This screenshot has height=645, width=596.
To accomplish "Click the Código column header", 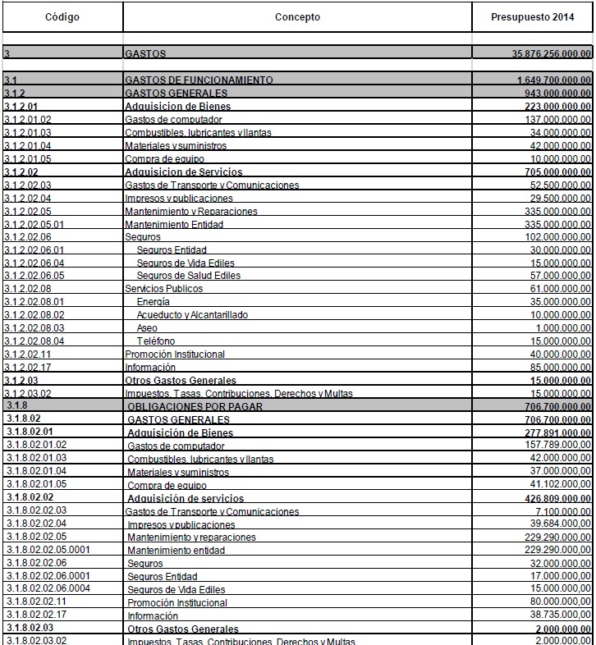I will (62, 17).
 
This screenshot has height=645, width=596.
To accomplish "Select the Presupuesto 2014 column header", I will (533, 17).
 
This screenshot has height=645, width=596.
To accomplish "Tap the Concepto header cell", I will (297, 17).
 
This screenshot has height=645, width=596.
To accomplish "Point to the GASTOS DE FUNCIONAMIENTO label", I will (199, 80).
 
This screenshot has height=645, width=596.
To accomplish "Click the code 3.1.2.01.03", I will (28, 133).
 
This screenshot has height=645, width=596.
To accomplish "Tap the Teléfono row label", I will (156, 341).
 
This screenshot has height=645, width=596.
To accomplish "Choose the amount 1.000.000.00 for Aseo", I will (562, 328).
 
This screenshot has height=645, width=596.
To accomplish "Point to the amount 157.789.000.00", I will (557, 446).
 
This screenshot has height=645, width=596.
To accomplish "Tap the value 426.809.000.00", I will (557, 498).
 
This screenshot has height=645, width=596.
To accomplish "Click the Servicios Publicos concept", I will (163, 289).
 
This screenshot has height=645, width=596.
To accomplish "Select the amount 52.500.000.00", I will (559, 185).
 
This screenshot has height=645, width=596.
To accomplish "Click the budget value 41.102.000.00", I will (559, 485).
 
